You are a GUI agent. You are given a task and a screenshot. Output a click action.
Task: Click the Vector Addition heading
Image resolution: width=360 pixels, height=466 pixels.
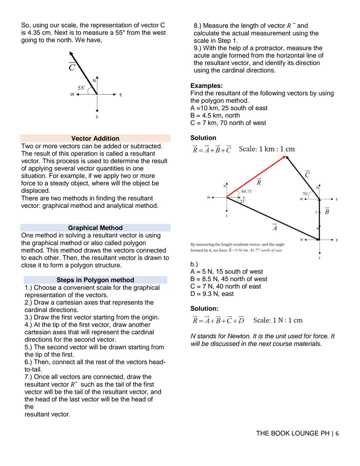95,138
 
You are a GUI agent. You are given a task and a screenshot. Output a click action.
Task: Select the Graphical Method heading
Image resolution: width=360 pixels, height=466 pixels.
95,228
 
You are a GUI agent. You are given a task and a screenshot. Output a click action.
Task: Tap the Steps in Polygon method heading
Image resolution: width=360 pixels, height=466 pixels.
95,280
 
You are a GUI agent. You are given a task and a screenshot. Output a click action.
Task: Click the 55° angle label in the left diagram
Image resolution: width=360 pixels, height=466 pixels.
81,88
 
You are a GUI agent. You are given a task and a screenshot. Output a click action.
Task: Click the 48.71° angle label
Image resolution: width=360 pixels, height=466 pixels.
247,191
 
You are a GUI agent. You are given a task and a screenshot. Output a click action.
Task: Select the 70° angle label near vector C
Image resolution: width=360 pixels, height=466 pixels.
305,194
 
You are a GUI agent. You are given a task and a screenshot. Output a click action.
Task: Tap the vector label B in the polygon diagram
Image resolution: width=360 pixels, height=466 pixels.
327,211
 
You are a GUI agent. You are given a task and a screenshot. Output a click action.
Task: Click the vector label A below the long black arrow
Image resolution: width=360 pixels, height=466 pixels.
275,227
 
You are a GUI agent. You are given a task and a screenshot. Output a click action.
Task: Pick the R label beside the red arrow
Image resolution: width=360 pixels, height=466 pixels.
259,182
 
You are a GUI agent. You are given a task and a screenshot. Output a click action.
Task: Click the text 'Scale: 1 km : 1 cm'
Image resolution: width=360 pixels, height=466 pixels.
267,149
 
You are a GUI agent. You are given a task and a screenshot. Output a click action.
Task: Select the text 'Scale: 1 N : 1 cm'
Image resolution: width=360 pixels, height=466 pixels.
278,320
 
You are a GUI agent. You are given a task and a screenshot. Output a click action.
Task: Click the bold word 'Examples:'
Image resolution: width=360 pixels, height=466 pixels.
206,86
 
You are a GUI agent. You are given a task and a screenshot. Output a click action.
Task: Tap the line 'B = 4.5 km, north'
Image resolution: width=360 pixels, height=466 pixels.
215,115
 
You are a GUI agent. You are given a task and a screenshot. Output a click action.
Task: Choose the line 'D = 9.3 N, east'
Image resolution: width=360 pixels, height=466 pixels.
212,294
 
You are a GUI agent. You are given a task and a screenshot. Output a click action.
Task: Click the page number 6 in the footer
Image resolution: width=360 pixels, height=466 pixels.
337,433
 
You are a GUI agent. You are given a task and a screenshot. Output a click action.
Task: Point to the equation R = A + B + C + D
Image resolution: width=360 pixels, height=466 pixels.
218,320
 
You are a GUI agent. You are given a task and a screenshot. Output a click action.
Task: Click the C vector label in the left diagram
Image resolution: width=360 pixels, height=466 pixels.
72,67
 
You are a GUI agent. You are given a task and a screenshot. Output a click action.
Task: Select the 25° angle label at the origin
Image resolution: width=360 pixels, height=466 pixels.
243,201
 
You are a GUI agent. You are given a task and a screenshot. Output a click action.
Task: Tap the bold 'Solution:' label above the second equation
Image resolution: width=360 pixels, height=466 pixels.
204,309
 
